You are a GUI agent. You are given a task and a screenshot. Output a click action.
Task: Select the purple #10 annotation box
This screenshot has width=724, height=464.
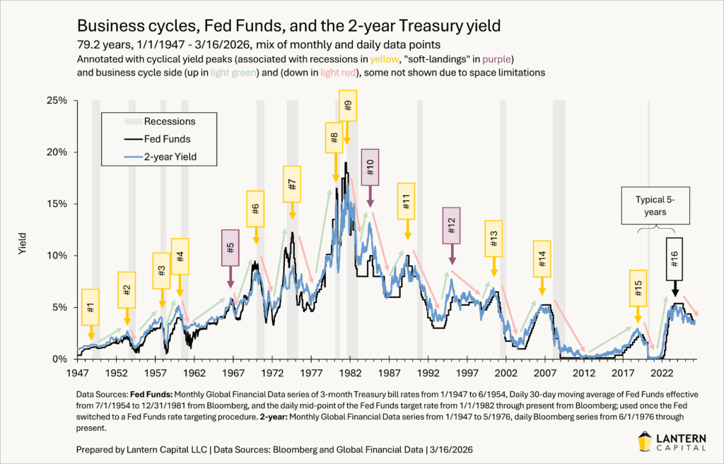click(370, 167)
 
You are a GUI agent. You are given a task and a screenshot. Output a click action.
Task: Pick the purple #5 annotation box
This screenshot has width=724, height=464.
click(230, 248)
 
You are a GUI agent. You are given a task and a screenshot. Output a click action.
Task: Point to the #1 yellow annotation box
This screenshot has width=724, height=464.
click(90, 307)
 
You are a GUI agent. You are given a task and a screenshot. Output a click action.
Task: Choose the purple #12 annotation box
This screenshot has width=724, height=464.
click(451, 225)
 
